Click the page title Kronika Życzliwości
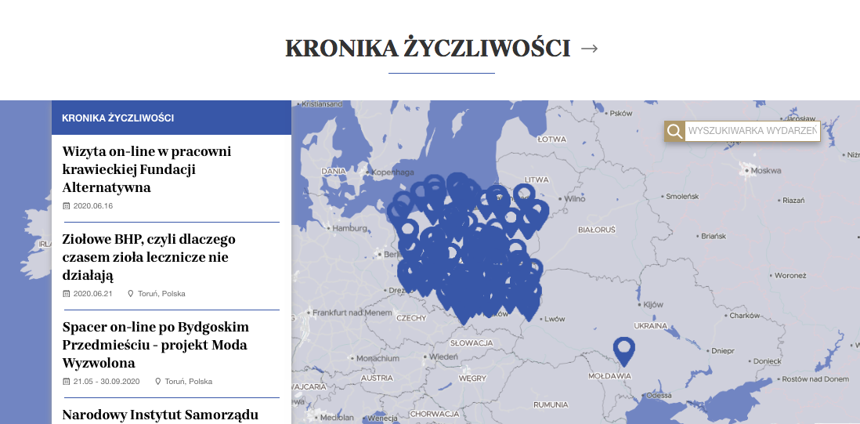[427, 49]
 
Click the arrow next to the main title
[590, 49]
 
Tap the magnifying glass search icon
[674, 131]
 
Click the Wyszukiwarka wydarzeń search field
[752, 131]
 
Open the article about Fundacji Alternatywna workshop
[146, 169]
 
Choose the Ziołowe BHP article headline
[149, 257]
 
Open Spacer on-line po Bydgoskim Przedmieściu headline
[155, 345]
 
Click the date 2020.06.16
[93, 206]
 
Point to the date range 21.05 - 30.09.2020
[106, 382]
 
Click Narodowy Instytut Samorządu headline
[160, 415]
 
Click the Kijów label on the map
[652, 304]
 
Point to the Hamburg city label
[349, 229]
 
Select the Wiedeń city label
[443, 357]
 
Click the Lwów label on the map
[555, 319]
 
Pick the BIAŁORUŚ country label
[596, 230]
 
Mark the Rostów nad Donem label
[815, 379]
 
